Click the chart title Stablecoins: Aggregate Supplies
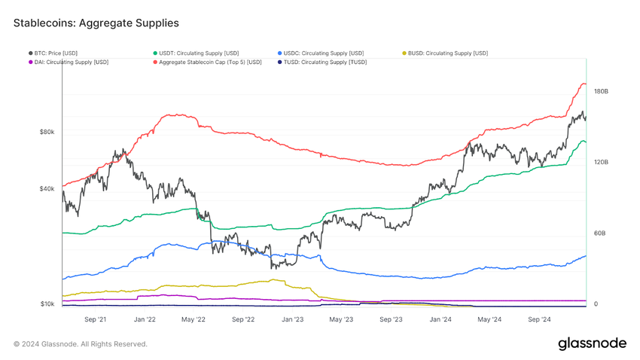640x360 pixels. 96,23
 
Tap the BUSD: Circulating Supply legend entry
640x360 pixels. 448,53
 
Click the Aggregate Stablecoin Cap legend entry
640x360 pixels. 209,62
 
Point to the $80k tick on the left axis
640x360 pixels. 46,132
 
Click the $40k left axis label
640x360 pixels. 46,188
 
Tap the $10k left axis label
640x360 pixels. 46,304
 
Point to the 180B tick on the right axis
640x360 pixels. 601,91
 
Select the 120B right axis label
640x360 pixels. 601,162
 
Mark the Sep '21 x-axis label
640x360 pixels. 95,319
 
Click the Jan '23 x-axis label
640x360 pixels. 292,319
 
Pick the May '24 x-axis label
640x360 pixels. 489,319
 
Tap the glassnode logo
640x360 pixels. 592,343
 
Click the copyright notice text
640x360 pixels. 81,344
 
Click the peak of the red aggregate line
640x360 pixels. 581,84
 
